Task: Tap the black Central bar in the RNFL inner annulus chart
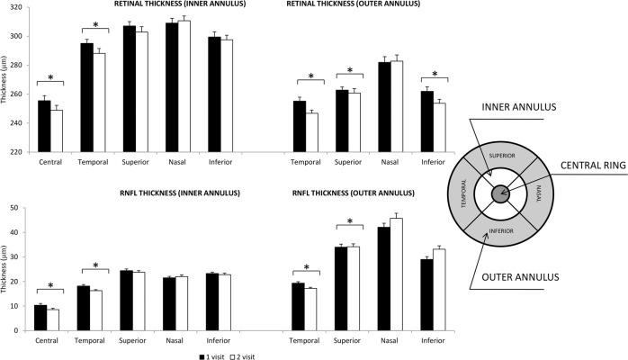coord(40,318)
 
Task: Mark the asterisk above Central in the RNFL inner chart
coord(49,286)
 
